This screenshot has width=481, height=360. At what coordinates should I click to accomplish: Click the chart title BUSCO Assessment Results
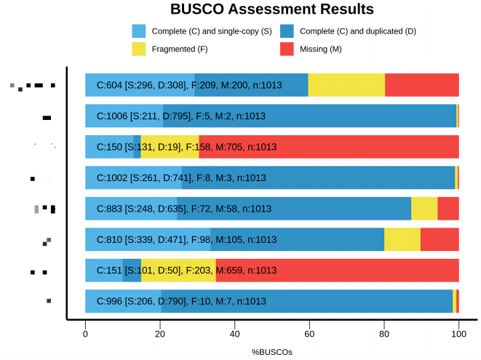pyautogui.click(x=271, y=9)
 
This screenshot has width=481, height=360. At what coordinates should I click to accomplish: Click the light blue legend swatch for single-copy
pyautogui.click(x=139, y=31)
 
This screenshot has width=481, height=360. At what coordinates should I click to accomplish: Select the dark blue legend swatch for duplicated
pyautogui.click(x=287, y=31)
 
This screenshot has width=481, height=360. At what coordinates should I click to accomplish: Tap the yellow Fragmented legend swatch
pyautogui.click(x=139, y=49)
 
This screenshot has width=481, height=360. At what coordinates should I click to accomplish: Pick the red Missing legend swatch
pyautogui.click(x=287, y=49)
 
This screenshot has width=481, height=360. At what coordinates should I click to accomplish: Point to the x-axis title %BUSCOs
pyautogui.click(x=271, y=352)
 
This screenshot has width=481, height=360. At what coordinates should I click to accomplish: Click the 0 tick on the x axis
pyautogui.click(x=85, y=334)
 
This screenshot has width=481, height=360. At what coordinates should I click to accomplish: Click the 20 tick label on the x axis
pyautogui.click(x=160, y=334)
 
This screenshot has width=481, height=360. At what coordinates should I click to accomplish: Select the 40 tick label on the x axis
pyautogui.click(x=234, y=334)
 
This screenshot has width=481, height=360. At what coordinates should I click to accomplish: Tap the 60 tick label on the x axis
pyautogui.click(x=309, y=334)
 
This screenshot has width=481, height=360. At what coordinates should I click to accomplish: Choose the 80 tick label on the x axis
pyautogui.click(x=384, y=334)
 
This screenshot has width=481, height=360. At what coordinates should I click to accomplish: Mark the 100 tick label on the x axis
pyautogui.click(x=458, y=334)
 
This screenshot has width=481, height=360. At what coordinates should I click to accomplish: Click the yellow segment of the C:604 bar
pyautogui.click(x=346, y=85)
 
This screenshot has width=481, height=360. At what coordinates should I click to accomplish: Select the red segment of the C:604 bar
pyautogui.click(x=422, y=85)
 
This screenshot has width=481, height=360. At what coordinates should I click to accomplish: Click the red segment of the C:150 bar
pyautogui.click(x=364, y=147)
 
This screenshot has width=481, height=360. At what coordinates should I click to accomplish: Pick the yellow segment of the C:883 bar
pyautogui.click(x=424, y=209)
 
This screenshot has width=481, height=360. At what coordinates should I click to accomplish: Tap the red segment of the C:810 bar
pyautogui.click(x=440, y=239)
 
